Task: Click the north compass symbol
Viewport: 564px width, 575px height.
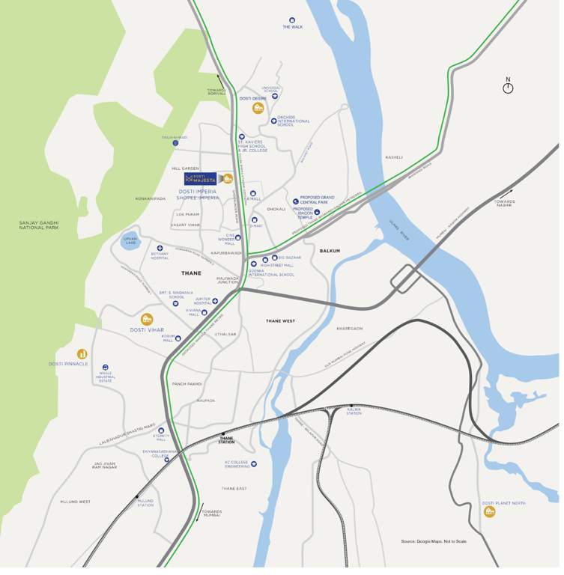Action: [508, 88]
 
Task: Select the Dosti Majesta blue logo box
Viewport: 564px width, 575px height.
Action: [200, 179]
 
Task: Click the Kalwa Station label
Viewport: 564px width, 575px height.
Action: [354, 411]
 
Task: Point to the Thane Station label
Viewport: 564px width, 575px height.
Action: [226, 440]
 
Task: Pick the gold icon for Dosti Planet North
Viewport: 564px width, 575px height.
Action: [489, 511]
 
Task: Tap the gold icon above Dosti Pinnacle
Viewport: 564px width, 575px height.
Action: [82, 353]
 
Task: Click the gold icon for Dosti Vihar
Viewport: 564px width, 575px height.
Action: [147, 319]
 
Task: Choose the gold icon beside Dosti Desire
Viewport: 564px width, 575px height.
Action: [258, 108]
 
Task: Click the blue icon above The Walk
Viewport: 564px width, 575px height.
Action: [292, 20]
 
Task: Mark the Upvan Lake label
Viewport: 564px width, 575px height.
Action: [130, 241]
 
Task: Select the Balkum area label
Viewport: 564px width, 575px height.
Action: [330, 251]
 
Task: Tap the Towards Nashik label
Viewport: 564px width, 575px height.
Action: [504, 203]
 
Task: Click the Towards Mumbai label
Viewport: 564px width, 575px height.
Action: [211, 513]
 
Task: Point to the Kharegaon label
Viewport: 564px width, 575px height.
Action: [349, 328]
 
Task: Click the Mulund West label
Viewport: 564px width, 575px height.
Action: [75, 502]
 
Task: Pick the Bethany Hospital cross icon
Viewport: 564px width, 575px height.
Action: [160, 248]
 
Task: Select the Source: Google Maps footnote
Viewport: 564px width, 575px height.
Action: [433, 541]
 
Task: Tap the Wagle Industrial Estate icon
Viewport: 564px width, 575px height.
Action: [106, 368]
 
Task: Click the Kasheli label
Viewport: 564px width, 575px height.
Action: [394, 157]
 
